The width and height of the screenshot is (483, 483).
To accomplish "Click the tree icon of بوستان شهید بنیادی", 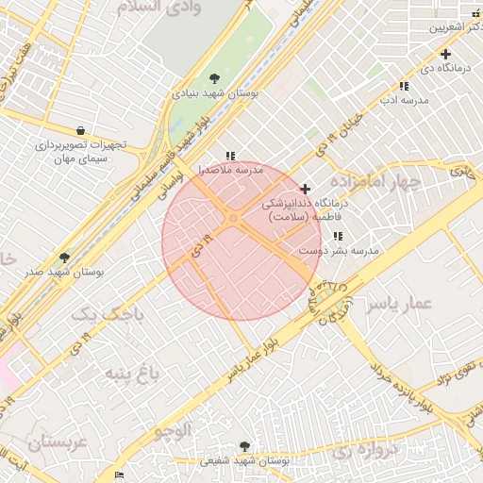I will pyautogui.click(x=215, y=78).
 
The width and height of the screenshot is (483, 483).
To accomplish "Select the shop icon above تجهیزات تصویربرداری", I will pyautogui.click(x=80, y=130).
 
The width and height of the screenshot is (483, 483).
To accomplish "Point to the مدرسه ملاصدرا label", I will pyautogui.click(x=229, y=171).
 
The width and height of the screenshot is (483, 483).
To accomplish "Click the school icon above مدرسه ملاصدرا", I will pyautogui.click(x=229, y=156).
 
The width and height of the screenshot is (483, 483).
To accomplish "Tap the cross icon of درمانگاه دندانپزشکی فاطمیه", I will pyautogui.click(x=304, y=189).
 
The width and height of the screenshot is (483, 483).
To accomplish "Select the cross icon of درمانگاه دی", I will pyautogui.click(x=445, y=54).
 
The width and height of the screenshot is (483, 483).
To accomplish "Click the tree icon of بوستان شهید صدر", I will pyautogui.click(x=64, y=257).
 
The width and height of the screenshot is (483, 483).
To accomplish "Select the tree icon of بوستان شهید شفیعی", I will pyautogui.click(x=245, y=446).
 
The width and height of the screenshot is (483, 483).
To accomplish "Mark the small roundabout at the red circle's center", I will pyautogui.click(x=233, y=220).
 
